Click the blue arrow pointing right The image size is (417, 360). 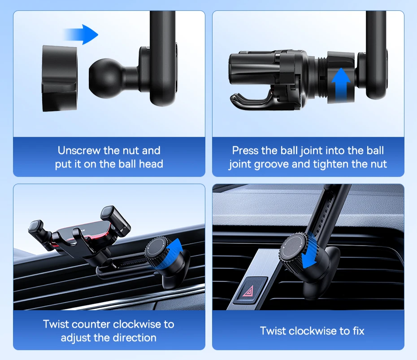point(81,35)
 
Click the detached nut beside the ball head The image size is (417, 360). point(60,78)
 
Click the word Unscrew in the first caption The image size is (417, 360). point(79,151)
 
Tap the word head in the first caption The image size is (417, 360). point(151,164)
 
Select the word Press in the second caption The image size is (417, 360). point(245,151)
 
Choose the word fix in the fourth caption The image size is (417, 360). point(359,331)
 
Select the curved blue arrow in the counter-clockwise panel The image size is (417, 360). point(171,255)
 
